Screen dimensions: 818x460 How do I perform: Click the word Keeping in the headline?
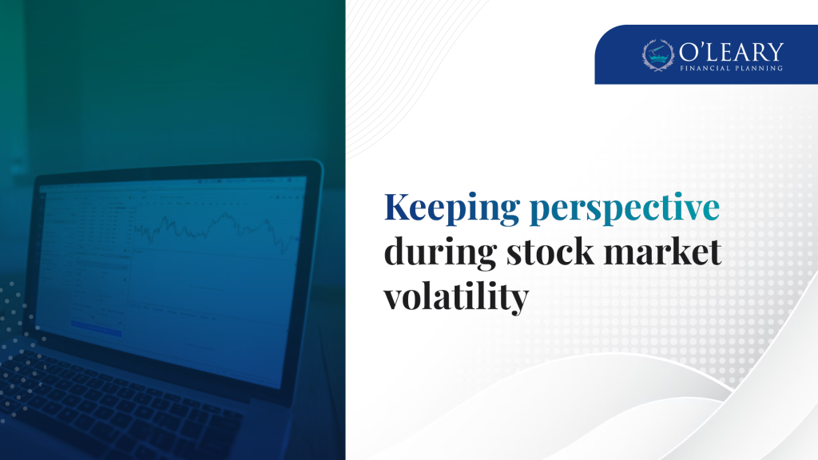pos(452,208)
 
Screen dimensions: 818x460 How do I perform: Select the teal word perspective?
pos(625,208)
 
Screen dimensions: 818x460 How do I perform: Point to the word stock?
pos(550,252)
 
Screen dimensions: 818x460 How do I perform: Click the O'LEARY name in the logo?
pos(731,52)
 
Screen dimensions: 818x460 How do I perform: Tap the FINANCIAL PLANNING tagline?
pos(731,68)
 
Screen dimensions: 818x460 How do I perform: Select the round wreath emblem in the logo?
pos(658,55)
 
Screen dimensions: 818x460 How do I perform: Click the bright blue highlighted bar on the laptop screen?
pos(97,328)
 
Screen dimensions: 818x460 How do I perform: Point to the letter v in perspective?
pos(685,212)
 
